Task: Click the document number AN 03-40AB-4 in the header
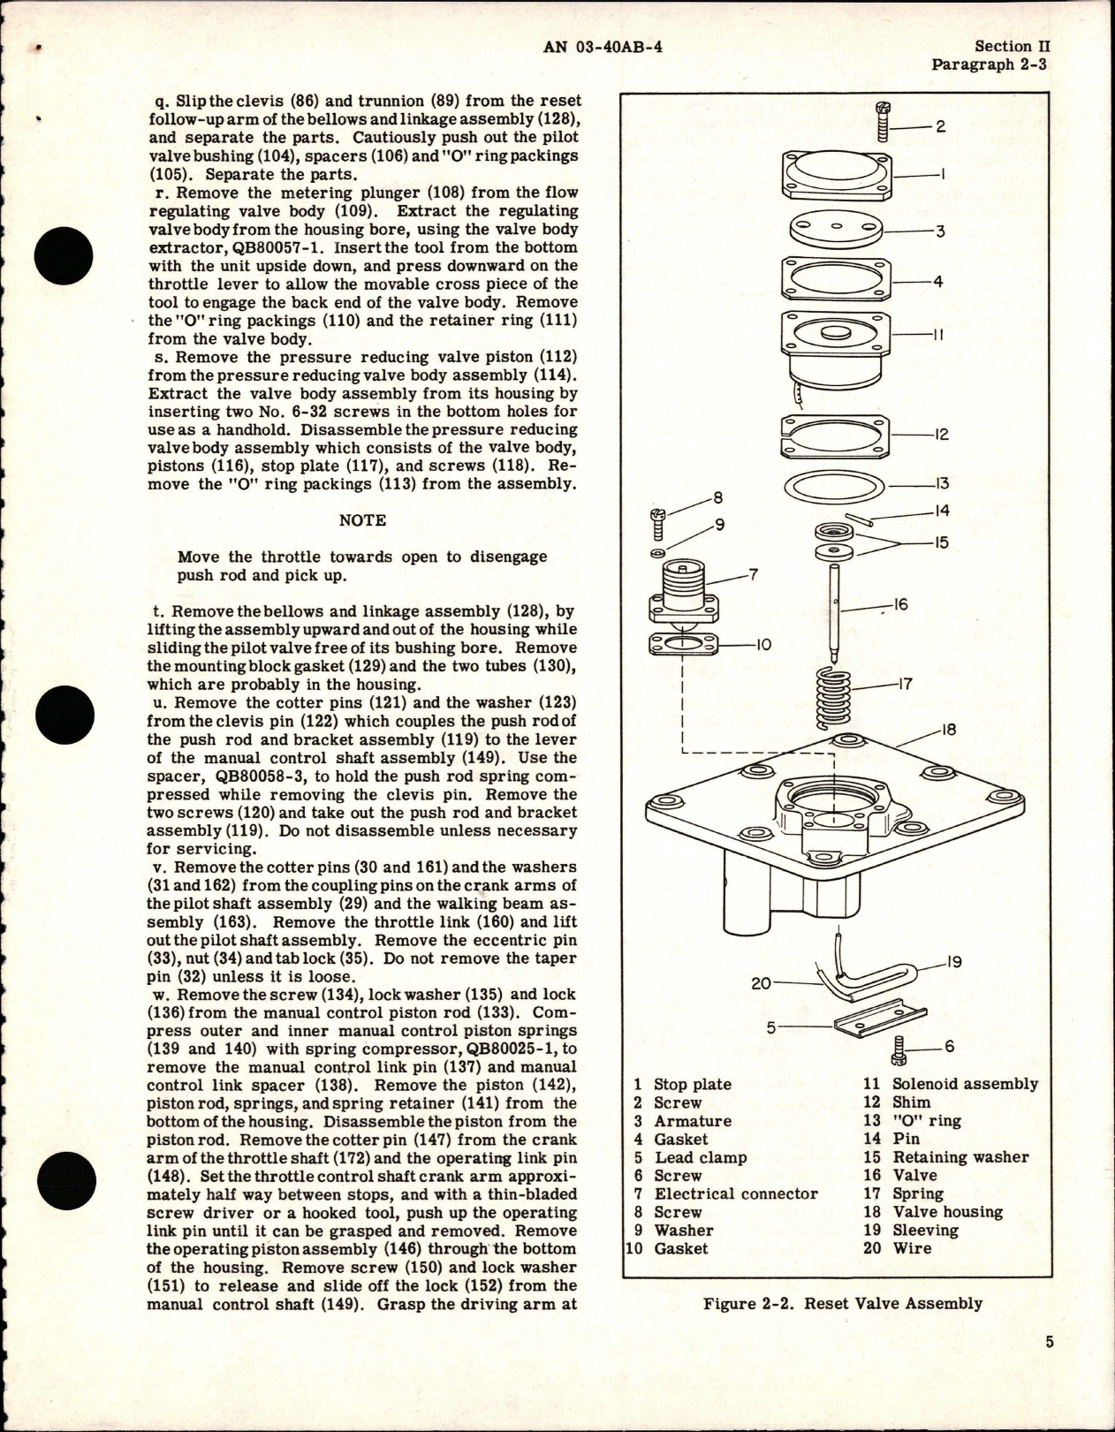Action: (x=603, y=48)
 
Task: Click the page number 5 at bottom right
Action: (x=1049, y=1367)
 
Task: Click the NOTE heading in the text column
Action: (x=362, y=519)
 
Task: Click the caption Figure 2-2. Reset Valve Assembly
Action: (x=843, y=1303)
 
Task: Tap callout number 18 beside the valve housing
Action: (x=948, y=731)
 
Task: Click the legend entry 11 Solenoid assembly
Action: (x=951, y=1084)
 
